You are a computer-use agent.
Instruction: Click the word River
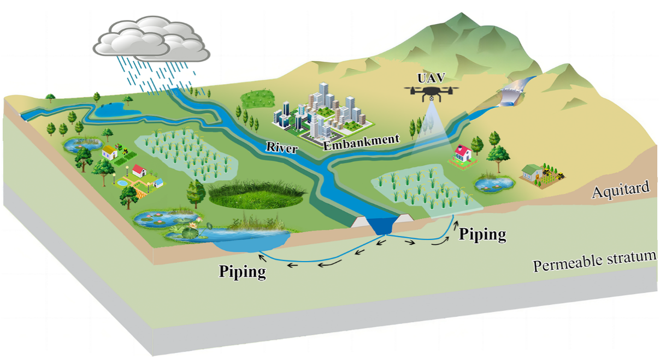(x=281, y=147)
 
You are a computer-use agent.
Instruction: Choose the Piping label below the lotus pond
(x=242, y=271)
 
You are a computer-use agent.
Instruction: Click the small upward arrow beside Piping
(x=453, y=221)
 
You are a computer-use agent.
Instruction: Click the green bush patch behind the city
(x=258, y=98)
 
